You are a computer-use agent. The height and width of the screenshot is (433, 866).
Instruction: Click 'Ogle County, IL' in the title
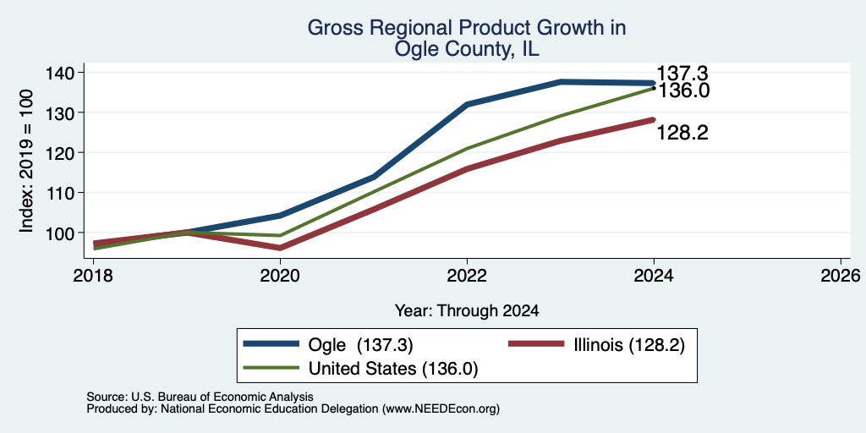coord(467,50)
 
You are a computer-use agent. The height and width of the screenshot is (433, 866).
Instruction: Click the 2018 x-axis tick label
coord(93,275)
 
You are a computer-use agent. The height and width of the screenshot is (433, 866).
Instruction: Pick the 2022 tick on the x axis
coord(467,275)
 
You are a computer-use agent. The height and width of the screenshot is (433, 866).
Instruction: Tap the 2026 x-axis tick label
coord(841,275)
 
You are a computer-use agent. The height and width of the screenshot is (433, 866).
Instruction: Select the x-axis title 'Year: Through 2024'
coord(467,311)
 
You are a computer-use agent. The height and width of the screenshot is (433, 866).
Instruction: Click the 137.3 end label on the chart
coord(682,74)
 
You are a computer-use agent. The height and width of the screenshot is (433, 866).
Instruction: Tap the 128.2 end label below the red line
coord(682,133)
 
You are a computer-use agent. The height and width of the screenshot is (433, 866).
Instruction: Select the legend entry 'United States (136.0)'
coord(392,369)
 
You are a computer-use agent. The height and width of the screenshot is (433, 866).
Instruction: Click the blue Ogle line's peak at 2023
coord(561,82)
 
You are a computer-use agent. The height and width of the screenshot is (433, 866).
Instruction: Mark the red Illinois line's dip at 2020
coord(280,248)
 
